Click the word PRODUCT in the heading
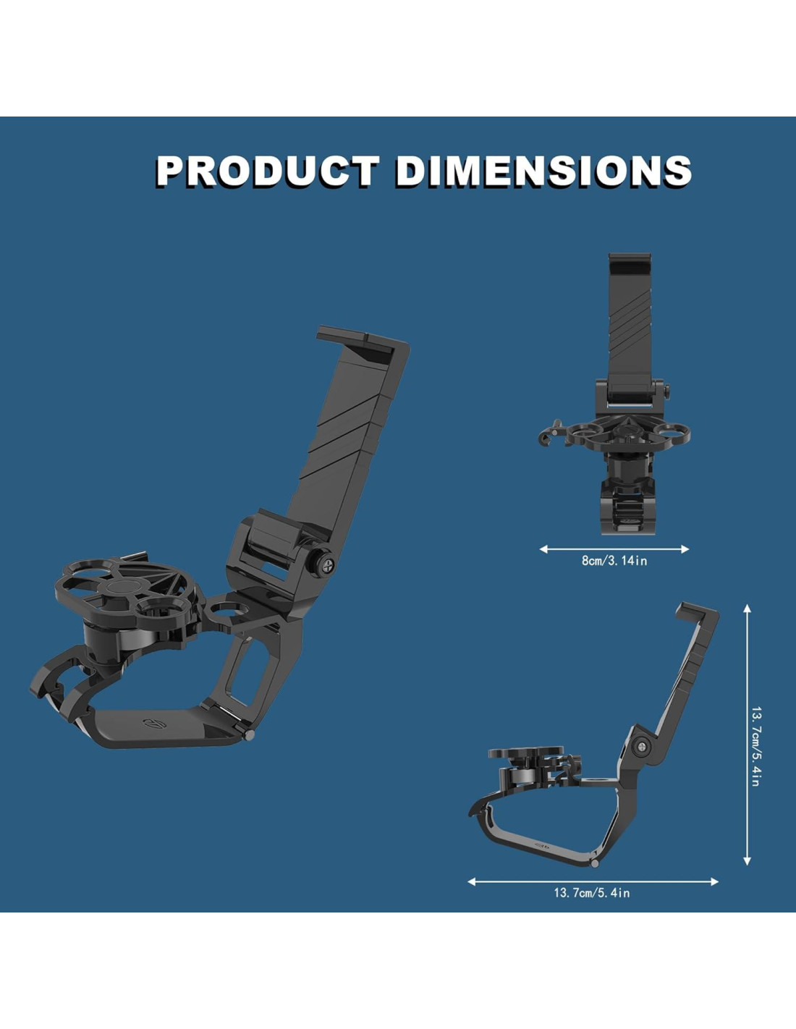point(268,171)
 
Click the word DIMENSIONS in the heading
point(544,171)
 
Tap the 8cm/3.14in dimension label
point(614,561)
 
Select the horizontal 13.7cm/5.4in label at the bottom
point(592,893)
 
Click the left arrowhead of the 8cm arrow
point(543,549)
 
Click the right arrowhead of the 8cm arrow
point(685,549)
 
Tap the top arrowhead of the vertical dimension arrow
point(748,609)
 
